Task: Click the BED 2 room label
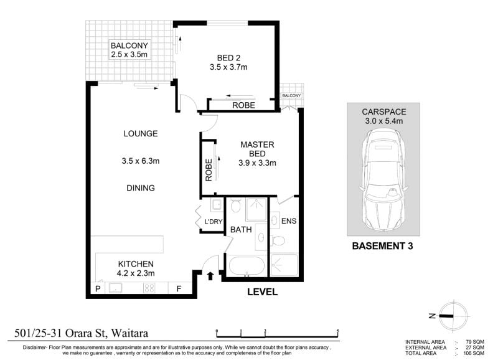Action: (228, 58)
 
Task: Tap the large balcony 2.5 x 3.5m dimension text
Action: (129, 54)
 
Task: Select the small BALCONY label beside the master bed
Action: (291, 96)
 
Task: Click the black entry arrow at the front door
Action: (210, 276)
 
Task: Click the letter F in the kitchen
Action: (179, 289)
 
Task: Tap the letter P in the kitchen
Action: (98, 289)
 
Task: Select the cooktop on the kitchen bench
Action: (149, 288)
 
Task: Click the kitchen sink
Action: (116, 288)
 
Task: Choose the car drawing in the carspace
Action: (383, 179)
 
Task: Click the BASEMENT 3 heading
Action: (383, 246)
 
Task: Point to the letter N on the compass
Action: (432, 316)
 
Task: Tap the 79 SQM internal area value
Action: (475, 342)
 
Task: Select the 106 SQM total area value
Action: (474, 353)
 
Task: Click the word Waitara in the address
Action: (130, 333)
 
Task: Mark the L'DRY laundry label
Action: (214, 222)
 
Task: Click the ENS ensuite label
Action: (289, 221)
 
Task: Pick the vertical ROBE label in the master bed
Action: (209, 170)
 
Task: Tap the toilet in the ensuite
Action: (278, 240)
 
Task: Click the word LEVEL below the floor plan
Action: (262, 291)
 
